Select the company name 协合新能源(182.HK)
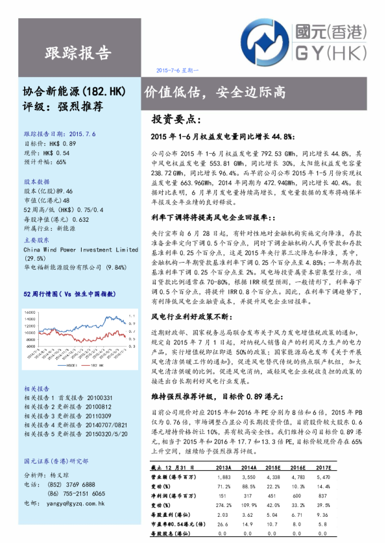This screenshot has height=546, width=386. coord(69,92)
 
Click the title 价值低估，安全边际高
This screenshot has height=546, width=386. coord(215,92)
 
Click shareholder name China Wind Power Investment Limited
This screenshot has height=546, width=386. coord(80,249)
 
